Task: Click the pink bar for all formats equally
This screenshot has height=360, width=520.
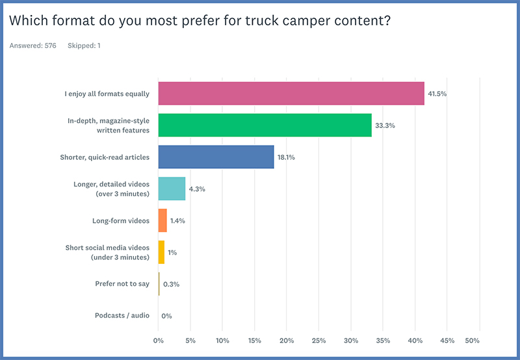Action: click(x=291, y=94)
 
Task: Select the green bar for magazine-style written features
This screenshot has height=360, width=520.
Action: click(x=265, y=125)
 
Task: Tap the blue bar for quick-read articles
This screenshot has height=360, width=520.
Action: click(x=216, y=157)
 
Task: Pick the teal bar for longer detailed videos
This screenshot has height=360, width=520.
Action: click(x=172, y=188)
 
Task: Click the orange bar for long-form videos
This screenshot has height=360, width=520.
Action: click(x=162, y=220)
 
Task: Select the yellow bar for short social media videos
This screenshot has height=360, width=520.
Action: click(x=161, y=252)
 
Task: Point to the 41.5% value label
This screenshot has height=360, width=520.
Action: click(x=437, y=94)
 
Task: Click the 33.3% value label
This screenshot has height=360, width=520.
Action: click(x=385, y=125)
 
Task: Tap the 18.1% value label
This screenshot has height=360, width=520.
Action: click(x=287, y=157)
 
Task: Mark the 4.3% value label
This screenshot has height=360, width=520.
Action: click(x=197, y=188)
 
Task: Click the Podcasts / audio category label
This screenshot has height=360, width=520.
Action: click(x=122, y=315)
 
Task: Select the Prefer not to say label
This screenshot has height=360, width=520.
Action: click(x=122, y=283)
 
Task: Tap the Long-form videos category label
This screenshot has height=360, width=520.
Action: click(x=121, y=220)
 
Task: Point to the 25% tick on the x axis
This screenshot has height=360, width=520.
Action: click(x=318, y=341)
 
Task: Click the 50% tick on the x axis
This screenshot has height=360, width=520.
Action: click(x=472, y=341)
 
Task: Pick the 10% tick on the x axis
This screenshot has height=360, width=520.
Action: click(x=222, y=341)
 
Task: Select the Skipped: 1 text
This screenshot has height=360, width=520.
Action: click(x=84, y=45)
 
